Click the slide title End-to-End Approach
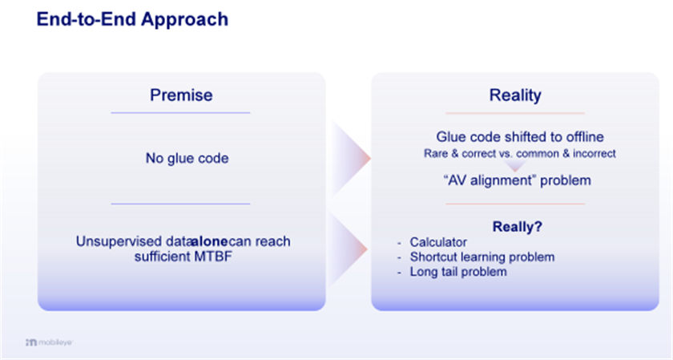132,20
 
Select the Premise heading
181,95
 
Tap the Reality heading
515,95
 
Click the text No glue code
187,158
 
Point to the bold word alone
210,241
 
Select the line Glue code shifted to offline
520,136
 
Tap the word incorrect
594,153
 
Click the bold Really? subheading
518,226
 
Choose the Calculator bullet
438,242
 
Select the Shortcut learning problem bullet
482,257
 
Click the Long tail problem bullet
458,272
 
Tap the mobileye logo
49,342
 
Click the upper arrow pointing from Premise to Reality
351,158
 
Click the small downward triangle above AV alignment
515,166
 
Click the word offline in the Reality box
585,136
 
